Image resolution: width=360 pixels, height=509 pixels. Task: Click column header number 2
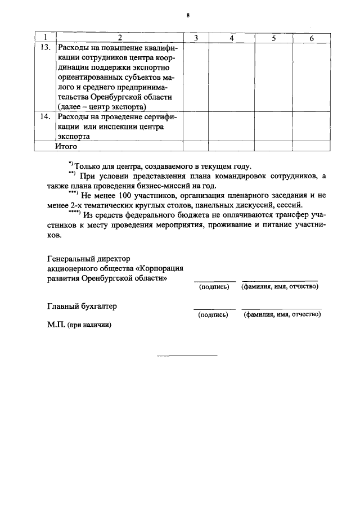119,37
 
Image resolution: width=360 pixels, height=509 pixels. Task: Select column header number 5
273,37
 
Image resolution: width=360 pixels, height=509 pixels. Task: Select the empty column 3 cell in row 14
195,127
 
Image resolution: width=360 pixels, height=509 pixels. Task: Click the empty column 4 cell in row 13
231,76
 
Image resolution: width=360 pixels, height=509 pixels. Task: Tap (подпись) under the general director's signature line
214,287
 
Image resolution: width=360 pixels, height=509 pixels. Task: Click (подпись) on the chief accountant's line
214,315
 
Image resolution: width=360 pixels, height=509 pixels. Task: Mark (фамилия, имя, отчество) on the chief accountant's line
282,315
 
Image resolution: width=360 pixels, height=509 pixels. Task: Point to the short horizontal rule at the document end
187,356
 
